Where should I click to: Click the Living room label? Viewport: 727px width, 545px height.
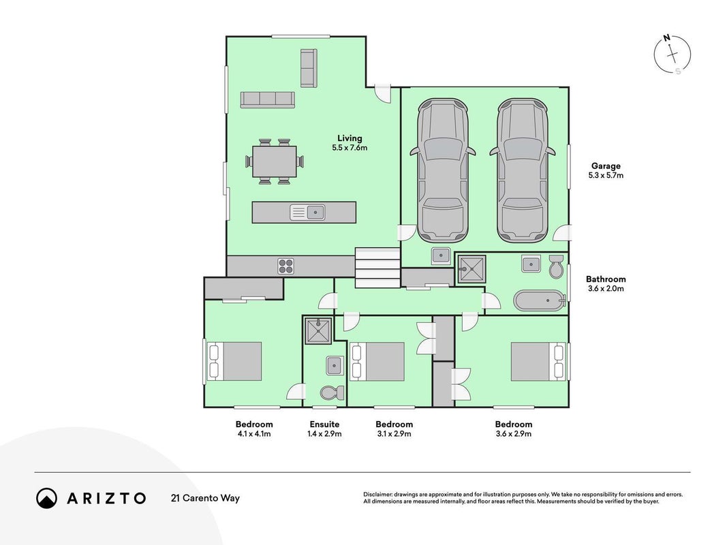(350, 138)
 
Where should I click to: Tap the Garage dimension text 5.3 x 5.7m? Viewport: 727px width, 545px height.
(606, 175)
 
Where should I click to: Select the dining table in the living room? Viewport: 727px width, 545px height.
(275, 161)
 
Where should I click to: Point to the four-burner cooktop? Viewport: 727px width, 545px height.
(285, 266)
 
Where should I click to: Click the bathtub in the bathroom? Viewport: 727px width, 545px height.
(540, 300)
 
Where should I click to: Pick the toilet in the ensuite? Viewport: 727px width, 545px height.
(332, 392)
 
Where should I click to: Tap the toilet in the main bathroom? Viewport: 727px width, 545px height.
(555, 266)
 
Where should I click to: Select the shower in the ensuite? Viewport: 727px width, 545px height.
(318, 331)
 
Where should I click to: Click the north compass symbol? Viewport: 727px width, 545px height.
(672, 54)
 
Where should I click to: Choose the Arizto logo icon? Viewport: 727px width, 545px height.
(47, 498)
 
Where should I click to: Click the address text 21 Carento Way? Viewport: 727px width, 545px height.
(205, 498)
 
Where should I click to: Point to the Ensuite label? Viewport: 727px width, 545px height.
(324, 424)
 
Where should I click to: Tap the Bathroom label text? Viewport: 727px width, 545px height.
(606, 279)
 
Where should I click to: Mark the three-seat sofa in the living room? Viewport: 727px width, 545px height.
(268, 99)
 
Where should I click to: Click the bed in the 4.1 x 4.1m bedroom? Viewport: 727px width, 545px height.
(234, 362)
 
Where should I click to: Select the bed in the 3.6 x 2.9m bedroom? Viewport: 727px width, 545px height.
(538, 362)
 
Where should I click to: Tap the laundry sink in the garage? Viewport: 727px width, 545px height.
(440, 255)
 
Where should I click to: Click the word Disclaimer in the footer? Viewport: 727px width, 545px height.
(377, 495)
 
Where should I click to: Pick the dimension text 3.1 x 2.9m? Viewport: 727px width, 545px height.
(394, 434)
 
